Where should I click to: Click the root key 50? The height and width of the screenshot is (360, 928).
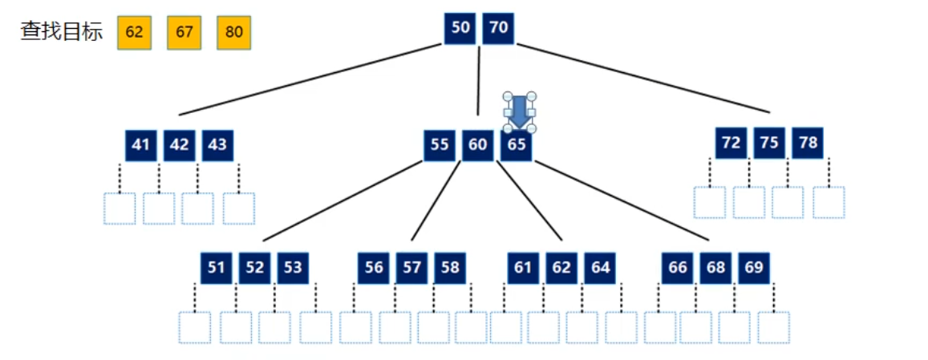(460, 28)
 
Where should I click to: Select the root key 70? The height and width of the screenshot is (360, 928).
(498, 28)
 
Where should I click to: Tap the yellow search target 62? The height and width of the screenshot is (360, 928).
(134, 33)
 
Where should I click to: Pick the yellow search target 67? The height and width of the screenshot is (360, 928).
(184, 33)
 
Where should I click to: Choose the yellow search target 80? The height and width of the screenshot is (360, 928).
(234, 33)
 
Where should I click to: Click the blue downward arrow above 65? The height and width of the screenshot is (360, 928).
(519, 112)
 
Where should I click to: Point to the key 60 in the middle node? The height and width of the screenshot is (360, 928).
(477, 145)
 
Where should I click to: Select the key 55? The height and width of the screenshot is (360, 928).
(440, 145)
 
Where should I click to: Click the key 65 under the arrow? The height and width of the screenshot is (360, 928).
(517, 145)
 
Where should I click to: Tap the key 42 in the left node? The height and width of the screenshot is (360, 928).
(179, 145)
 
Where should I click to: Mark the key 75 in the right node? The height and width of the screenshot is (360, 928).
(769, 143)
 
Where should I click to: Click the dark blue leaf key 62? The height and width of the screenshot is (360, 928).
(561, 268)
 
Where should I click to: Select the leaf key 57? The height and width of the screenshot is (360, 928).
(412, 268)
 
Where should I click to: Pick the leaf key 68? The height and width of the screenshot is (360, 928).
(715, 268)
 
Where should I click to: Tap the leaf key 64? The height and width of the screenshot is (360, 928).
(600, 268)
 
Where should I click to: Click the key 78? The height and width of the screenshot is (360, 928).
(808, 143)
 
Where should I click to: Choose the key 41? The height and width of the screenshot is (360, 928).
(140, 145)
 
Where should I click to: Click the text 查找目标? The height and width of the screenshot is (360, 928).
(62, 32)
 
